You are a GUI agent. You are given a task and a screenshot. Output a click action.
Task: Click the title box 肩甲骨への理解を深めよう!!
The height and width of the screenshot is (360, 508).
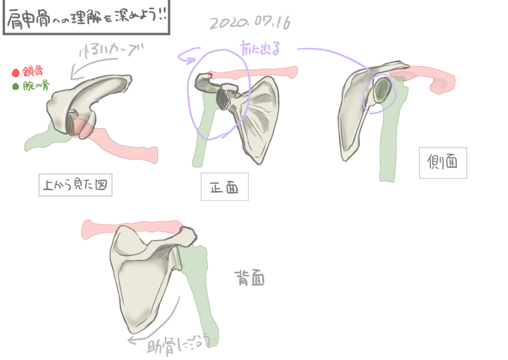(x=86, y=17)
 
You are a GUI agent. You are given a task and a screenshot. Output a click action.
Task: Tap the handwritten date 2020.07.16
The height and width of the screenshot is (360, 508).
(x=249, y=24)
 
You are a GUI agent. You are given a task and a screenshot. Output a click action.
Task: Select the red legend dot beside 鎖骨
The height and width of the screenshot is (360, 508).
(x=16, y=73)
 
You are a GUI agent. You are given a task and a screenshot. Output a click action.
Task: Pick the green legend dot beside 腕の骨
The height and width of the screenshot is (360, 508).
(x=16, y=87)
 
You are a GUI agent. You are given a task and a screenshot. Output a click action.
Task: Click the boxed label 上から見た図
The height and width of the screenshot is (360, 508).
(x=75, y=185)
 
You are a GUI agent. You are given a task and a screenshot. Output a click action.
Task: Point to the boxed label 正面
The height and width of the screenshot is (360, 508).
(x=224, y=188)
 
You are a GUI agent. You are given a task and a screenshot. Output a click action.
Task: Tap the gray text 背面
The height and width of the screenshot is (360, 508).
(x=249, y=279)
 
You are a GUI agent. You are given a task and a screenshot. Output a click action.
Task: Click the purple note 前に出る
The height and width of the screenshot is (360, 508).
(x=259, y=48)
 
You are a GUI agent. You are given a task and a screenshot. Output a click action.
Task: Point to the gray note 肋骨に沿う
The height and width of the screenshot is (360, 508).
(x=181, y=346)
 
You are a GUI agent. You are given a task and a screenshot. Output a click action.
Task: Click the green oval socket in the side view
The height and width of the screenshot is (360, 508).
(x=383, y=90)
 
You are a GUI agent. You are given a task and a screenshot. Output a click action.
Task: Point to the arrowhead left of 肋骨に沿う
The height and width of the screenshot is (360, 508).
(x=130, y=340)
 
